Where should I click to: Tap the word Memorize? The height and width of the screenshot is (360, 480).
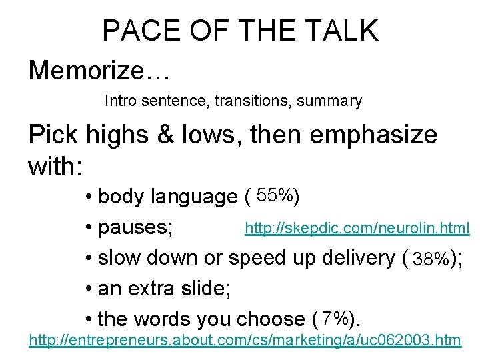click(87, 70)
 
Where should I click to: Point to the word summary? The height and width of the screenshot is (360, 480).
click(329, 101)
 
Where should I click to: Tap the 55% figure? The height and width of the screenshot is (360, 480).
click(275, 196)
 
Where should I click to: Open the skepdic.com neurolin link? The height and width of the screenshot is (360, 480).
click(357, 229)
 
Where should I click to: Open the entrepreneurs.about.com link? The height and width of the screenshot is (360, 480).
click(245, 341)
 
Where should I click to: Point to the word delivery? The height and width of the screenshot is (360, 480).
click(356, 258)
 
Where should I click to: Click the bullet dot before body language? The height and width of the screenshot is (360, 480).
click(89, 197)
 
